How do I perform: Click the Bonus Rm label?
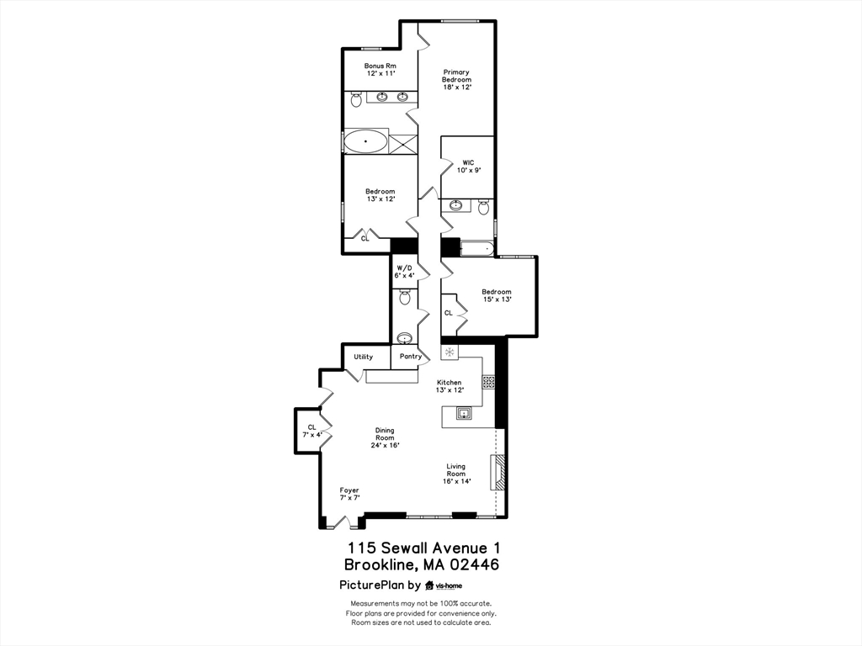click(x=380, y=70)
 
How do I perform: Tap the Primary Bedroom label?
click(x=456, y=80)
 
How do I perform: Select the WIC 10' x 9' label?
click(x=468, y=166)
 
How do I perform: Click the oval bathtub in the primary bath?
click(x=366, y=141)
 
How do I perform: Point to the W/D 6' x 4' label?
click(x=405, y=272)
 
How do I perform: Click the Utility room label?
click(x=363, y=357)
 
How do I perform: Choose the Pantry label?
click(x=411, y=357)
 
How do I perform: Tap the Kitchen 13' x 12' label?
click(x=449, y=386)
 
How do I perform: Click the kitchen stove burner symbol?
click(x=488, y=382)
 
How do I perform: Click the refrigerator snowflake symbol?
click(x=450, y=352)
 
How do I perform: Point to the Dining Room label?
click(x=385, y=437)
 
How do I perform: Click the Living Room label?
click(x=455, y=474)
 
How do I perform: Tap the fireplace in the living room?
click(x=499, y=472)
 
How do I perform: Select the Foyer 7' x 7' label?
click(x=349, y=494)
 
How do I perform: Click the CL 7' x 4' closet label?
click(x=311, y=432)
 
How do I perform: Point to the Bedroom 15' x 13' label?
click(x=497, y=295)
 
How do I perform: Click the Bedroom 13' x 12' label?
click(x=380, y=195)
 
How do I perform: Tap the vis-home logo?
click(x=444, y=585)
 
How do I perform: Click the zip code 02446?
click(x=471, y=565)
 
